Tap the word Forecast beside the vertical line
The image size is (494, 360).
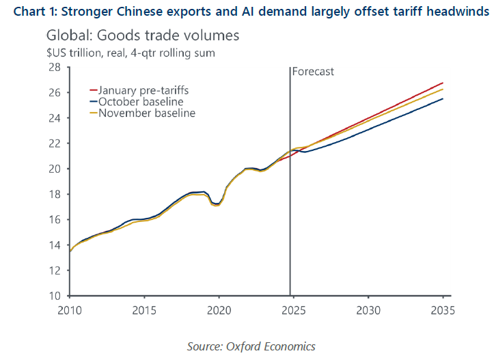coord(313,71)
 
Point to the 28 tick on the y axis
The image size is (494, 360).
coord(55,67)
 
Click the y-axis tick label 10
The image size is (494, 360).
coord(55,296)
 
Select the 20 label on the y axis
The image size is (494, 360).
coord(55,169)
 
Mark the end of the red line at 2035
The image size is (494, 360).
coord(443,83)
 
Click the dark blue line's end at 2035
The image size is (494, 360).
coord(443,99)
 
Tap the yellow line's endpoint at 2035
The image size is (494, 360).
coord(443,89)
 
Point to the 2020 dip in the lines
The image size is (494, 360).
coord(217,204)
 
